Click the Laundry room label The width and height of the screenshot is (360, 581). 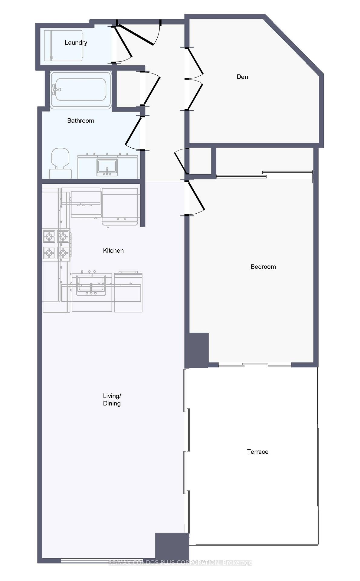(76, 43)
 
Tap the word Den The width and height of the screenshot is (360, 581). (242, 77)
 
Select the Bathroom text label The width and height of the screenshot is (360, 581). (80, 121)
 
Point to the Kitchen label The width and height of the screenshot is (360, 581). (113, 251)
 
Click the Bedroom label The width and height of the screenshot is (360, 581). (263, 267)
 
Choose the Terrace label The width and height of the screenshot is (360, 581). (257, 452)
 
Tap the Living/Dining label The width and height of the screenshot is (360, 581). (112, 399)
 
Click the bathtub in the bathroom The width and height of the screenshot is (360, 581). (80, 90)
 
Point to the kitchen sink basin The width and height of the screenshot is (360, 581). (91, 284)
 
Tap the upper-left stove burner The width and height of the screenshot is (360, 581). (49, 236)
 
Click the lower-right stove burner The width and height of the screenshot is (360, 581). (63, 253)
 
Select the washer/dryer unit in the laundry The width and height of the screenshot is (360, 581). (63, 45)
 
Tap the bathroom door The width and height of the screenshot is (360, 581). (133, 131)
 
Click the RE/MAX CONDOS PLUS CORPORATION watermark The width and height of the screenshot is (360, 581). (180, 563)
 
